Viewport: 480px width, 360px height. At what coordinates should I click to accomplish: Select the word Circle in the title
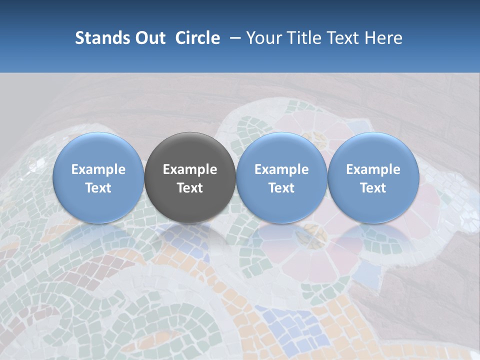coord(197,38)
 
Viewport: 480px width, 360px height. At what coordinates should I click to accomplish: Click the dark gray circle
coord(190,178)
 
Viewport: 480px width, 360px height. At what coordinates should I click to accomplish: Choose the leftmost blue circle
coord(98,178)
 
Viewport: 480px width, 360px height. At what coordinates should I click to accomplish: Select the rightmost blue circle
coord(373,178)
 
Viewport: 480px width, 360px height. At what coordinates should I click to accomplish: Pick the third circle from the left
coord(281,178)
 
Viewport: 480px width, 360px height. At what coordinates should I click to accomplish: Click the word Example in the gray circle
coord(190,169)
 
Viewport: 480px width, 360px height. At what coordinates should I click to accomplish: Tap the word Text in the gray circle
coord(190,188)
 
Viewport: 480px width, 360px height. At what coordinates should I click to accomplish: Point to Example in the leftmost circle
coord(98,169)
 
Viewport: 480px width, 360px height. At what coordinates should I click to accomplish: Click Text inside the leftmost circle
coord(98,188)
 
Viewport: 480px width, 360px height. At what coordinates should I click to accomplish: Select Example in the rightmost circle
coord(373,169)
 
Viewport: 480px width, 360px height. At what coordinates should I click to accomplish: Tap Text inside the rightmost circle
coord(373,188)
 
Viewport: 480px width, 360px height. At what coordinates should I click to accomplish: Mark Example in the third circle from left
coord(281,169)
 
